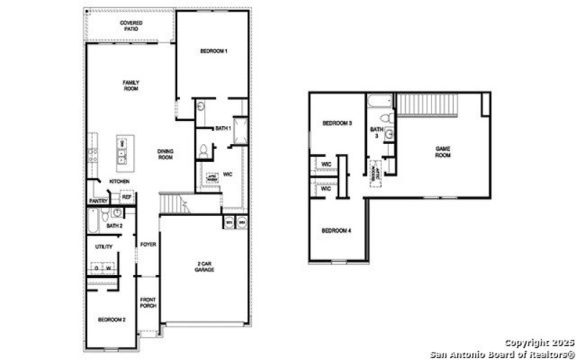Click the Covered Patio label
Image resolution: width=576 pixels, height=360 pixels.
131,25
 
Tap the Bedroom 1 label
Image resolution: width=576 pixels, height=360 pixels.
213,51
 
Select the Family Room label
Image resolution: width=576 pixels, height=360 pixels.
130,85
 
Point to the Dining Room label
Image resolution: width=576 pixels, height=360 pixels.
166,153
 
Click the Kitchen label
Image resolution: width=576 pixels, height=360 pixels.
119,181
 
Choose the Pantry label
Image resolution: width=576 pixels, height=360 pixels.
98,201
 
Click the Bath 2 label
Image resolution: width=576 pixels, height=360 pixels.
114,226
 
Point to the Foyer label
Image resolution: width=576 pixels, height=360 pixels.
148,244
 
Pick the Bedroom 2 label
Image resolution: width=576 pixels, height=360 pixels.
112,319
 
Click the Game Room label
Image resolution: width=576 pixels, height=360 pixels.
443,151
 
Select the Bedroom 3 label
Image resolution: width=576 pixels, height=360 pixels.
337,123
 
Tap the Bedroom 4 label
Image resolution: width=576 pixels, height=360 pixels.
336,230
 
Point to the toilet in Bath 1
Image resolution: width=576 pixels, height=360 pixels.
204,150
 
